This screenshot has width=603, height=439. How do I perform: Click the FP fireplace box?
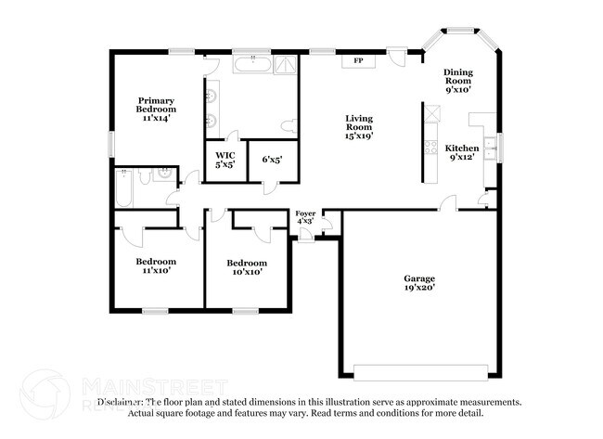(x=358, y=60)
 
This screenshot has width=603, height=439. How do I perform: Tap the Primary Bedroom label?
(x=155, y=110)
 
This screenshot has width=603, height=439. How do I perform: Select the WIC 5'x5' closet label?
(x=225, y=160)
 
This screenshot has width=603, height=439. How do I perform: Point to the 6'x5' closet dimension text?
(x=272, y=160)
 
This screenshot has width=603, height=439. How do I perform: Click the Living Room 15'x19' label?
(x=359, y=127)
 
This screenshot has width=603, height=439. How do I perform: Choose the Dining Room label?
(x=458, y=82)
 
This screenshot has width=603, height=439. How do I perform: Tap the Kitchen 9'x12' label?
(x=462, y=153)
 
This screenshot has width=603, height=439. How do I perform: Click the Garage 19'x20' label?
(x=419, y=283)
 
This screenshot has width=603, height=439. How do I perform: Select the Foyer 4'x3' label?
(x=305, y=217)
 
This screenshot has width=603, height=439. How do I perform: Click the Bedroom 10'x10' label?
(x=247, y=267)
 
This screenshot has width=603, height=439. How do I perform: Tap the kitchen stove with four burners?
(x=430, y=147)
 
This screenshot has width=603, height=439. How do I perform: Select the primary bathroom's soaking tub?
(x=251, y=65)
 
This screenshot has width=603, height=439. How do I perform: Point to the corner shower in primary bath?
(x=286, y=65)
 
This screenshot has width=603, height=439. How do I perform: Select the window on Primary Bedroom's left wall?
(x=111, y=145)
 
